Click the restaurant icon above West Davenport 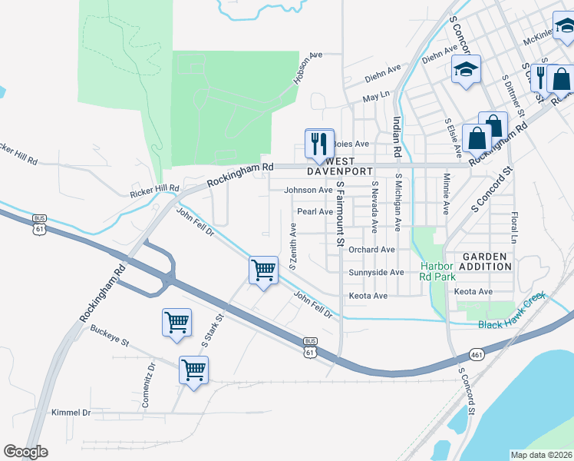click(x=319, y=143)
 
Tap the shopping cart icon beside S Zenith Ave click(x=263, y=270)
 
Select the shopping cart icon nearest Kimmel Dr click(x=193, y=371)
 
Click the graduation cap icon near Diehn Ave click(x=465, y=71)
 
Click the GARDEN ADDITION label click(x=486, y=261)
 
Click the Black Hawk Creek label click(x=511, y=324)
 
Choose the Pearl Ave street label click(x=315, y=211)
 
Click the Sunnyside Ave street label click(x=376, y=273)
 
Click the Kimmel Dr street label click(x=71, y=413)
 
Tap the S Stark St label click(x=213, y=328)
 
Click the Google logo click(x=25, y=452)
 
